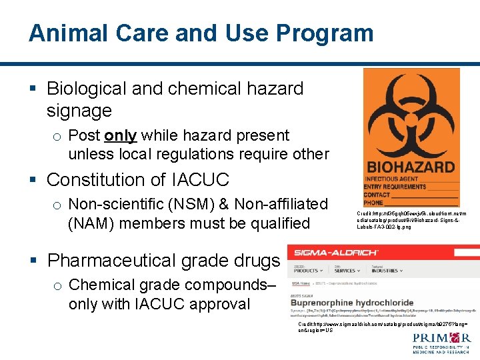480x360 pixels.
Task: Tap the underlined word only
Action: (121, 135)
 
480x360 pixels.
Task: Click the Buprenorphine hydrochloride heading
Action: (353, 303)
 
